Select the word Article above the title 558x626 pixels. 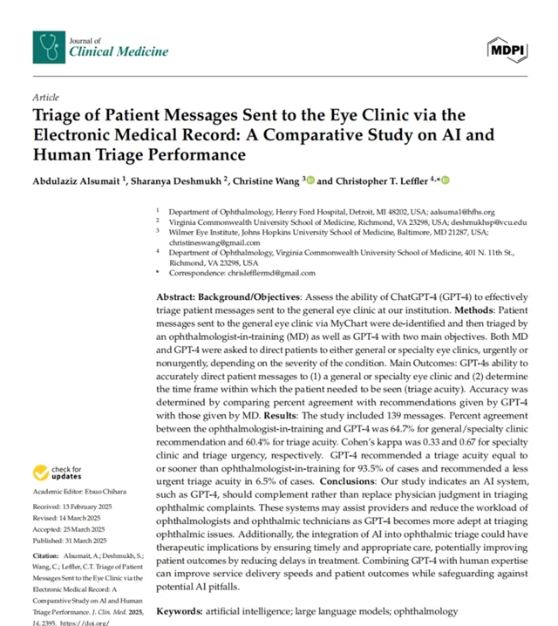(44, 98)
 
